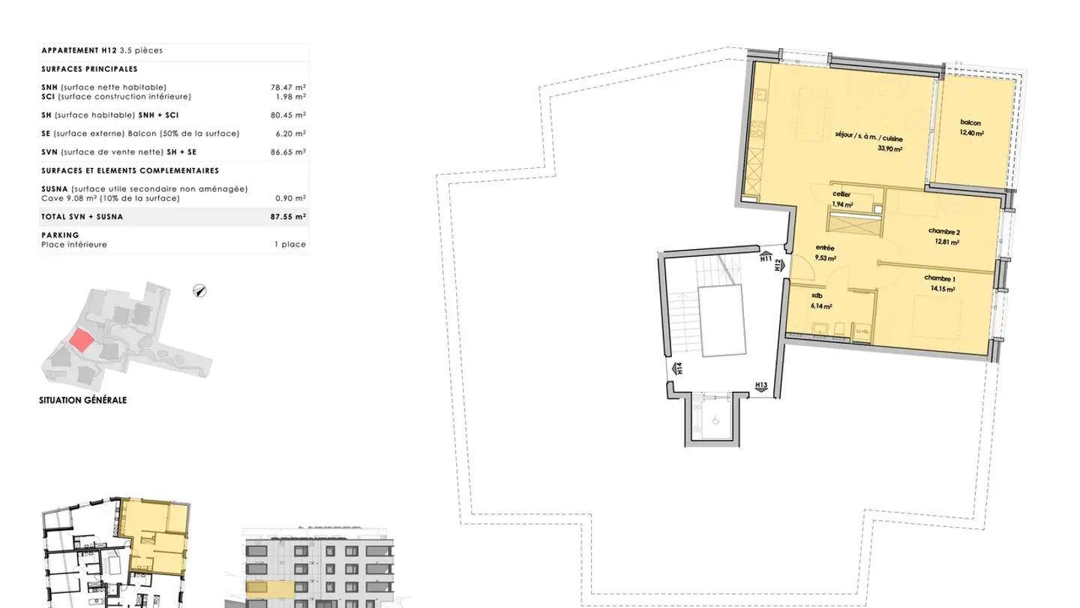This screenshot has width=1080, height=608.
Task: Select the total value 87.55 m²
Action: click(x=288, y=217)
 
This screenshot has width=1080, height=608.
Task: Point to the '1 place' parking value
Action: click(x=290, y=245)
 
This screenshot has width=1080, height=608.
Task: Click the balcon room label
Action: click(x=970, y=123)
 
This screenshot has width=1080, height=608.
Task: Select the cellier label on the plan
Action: click(x=841, y=194)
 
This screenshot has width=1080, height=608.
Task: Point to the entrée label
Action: click(x=825, y=248)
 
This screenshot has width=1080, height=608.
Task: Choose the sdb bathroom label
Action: click(x=817, y=296)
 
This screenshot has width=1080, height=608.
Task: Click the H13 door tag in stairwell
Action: click(x=760, y=386)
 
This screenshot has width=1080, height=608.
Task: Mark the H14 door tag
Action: click(x=677, y=368)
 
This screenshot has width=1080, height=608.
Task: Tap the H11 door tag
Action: click(x=766, y=258)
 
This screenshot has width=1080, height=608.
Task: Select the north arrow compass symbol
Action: click(x=200, y=290)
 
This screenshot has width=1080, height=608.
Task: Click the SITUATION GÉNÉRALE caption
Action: click(x=83, y=401)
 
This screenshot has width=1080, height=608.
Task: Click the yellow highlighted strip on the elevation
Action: click(x=270, y=586)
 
